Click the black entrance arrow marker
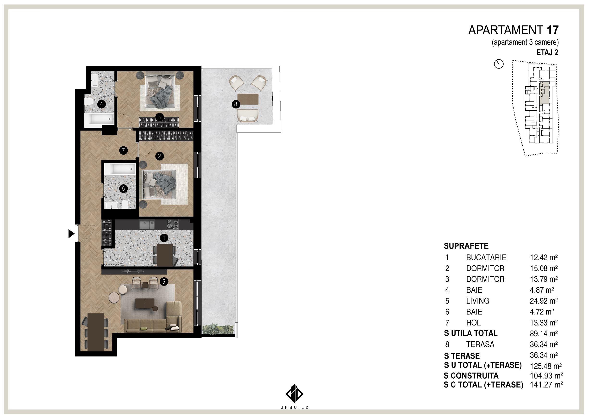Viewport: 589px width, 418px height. click(x=71, y=234)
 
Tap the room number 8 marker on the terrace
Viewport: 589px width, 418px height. click(x=236, y=104)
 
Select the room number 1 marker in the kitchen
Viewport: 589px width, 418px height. click(x=164, y=238)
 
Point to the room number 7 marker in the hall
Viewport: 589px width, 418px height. click(x=123, y=150)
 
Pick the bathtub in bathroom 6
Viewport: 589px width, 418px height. click(x=120, y=168)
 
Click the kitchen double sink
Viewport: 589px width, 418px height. click(x=147, y=225)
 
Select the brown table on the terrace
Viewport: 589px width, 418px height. click(x=248, y=99)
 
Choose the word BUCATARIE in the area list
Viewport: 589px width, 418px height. click(x=486, y=257)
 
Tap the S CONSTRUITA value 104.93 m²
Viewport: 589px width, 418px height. click(x=546, y=376)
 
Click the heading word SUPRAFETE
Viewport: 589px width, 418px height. click(x=466, y=246)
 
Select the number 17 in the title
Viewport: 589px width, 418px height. click(x=553, y=30)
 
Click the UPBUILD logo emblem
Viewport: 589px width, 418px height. click(x=294, y=393)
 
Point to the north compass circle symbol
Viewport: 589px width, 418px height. click(x=499, y=64)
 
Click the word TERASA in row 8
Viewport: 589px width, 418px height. click(x=480, y=344)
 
